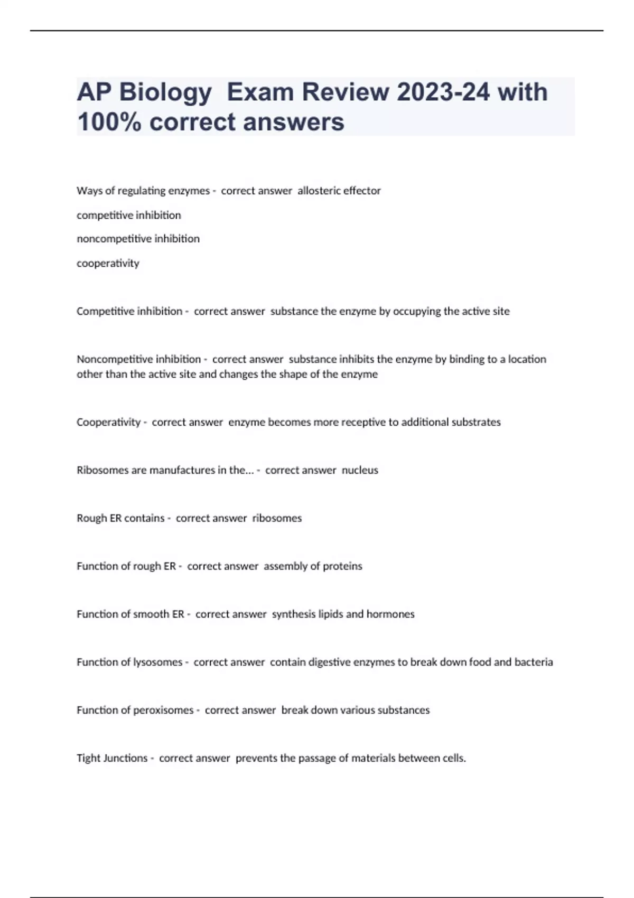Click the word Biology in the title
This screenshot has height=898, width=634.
(x=165, y=93)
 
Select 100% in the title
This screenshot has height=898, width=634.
(x=109, y=122)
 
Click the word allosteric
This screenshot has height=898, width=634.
(x=316, y=191)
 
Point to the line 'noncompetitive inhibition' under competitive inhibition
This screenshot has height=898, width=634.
(x=138, y=239)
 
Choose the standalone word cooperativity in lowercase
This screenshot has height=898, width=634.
(x=108, y=263)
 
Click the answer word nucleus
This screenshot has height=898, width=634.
(x=360, y=470)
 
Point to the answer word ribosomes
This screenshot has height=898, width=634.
(x=277, y=518)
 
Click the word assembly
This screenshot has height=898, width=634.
(x=284, y=566)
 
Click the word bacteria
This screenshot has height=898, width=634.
(x=534, y=662)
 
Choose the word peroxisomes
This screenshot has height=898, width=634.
(x=163, y=710)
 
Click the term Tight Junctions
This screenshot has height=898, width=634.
(x=112, y=759)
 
